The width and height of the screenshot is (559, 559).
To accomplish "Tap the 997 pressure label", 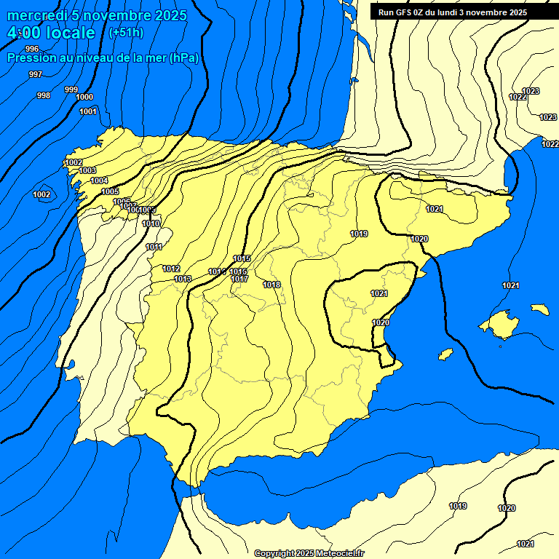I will tap(35, 75).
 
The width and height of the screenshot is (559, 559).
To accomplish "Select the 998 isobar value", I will tap(44, 95).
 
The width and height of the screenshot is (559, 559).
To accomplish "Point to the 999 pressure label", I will tap(71, 90).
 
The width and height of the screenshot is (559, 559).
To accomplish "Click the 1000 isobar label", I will tap(84, 97).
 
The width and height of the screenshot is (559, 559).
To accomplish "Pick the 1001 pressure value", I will tap(88, 111).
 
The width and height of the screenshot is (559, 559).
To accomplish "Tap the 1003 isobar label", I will tap(87, 170).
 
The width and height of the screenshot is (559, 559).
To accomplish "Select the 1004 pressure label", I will tap(99, 181).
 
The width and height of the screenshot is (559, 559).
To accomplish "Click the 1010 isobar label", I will tap(151, 223).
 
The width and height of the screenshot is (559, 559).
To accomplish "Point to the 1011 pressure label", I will tap(154, 247).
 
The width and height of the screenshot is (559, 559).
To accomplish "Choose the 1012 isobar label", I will tap(171, 269).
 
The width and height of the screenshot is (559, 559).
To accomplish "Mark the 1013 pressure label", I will tap(183, 279).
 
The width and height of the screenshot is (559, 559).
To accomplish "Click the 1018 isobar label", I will tap(272, 285).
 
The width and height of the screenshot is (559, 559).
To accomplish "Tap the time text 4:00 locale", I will tap(51, 33).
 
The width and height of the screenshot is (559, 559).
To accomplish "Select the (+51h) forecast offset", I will tap(126, 33).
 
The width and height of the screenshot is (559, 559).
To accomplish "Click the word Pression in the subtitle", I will tap(31, 58).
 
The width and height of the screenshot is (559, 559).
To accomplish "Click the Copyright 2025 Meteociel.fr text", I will tap(309, 553).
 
